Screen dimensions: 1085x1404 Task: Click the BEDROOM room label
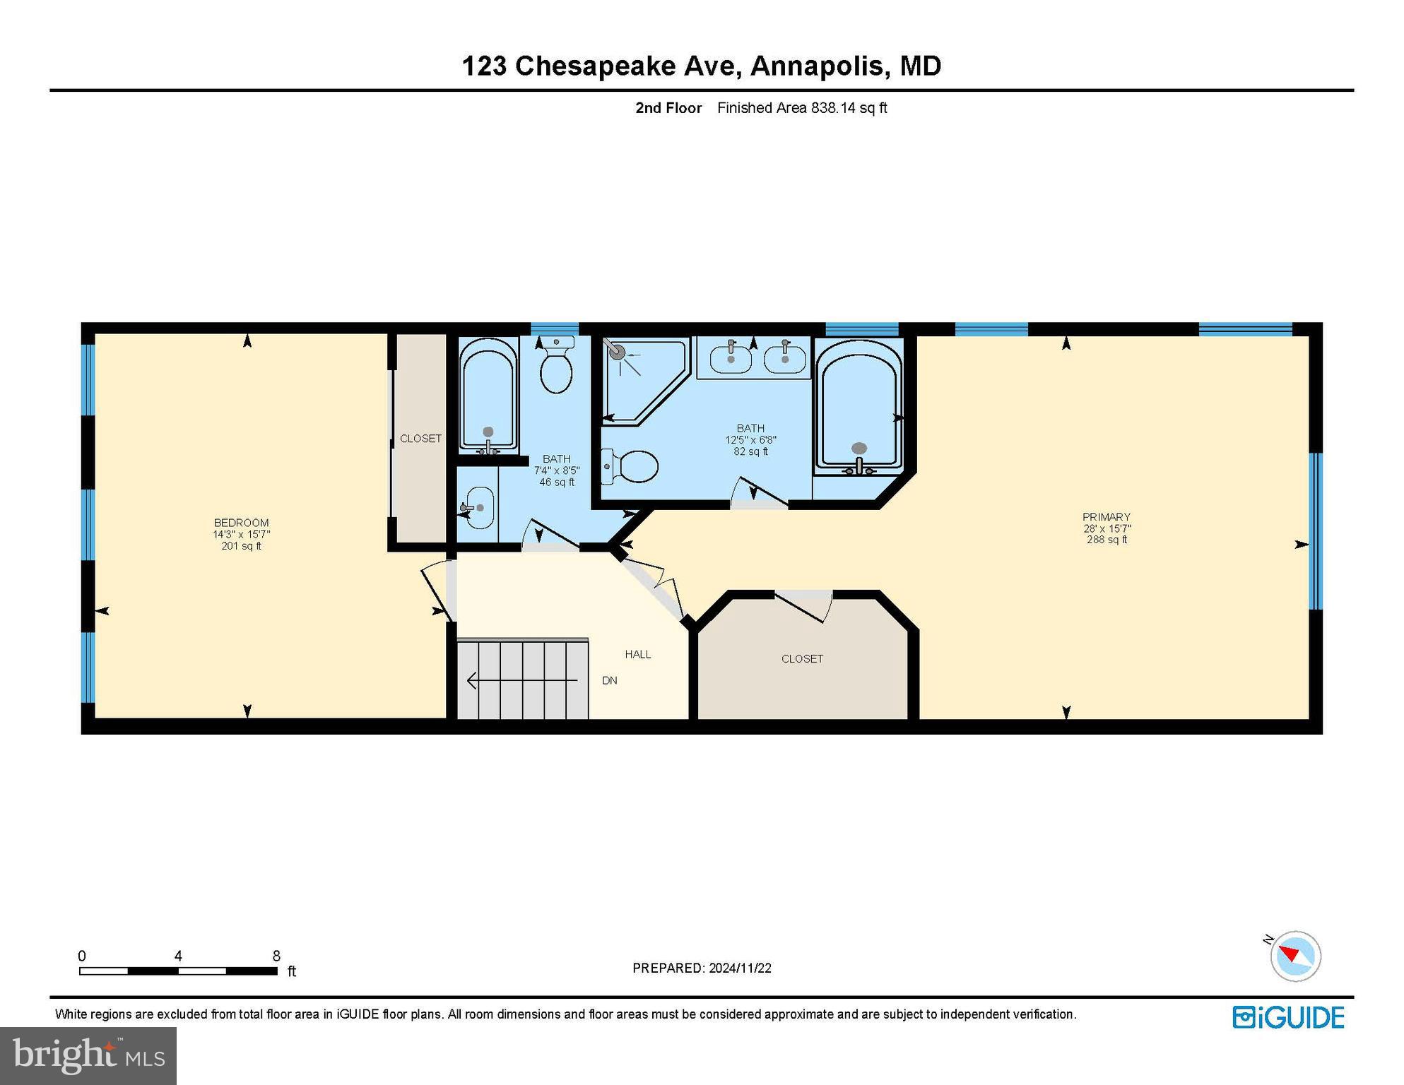coord(241,523)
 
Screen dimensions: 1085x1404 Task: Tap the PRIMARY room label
coord(1107,517)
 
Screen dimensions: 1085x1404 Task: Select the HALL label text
coord(637,655)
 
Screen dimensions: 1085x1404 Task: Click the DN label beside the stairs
coord(609,681)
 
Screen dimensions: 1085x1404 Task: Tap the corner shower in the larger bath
coord(639,378)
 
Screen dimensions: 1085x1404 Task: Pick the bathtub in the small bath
coord(488,396)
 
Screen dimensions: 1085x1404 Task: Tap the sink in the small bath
coord(479,507)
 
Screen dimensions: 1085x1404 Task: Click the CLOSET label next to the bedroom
coord(420,439)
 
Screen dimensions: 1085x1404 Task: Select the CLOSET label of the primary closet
coord(802,659)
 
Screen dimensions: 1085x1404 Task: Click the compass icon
coord(1295,956)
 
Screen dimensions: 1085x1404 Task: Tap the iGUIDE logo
coord(1288,1018)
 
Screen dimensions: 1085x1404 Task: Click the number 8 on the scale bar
coord(276,956)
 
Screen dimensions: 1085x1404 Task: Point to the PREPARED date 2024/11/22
coord(740,968)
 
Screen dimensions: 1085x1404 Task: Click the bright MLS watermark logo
coord(88,1055)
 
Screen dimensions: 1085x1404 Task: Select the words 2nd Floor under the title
coord(668,108)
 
